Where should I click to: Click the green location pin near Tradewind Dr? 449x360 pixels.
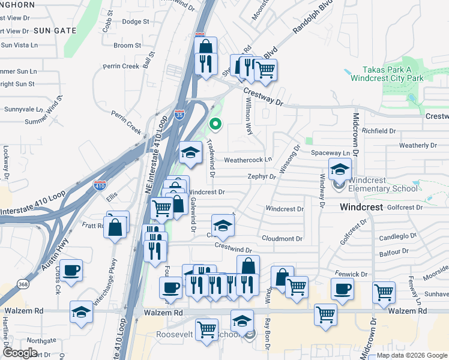click(215, 125)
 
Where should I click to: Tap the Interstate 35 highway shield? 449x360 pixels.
click(179, 114)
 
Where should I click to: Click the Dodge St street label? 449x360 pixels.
click(135, 22)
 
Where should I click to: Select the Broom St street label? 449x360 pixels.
click(127, 45)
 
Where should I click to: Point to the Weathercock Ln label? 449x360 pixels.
click(248, 160)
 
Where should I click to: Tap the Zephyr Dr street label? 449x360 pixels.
click(261, 177)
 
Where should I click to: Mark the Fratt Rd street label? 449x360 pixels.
click(93, 226)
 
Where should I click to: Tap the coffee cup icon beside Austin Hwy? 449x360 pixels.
click(71, 271)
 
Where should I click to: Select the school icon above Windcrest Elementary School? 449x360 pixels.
click(339, 169)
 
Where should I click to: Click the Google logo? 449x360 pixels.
click(20, 353)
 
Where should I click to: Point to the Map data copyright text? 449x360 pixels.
click(411, 355)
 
